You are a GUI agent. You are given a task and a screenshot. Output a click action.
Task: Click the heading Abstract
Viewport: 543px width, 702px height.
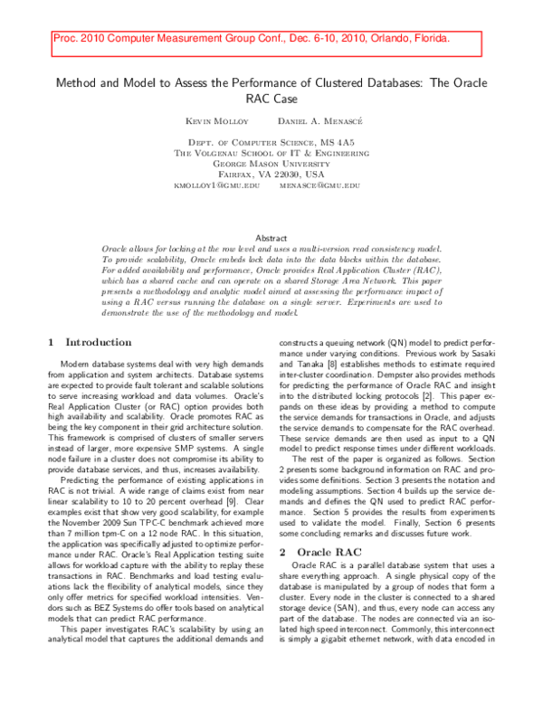(x=271, y=237)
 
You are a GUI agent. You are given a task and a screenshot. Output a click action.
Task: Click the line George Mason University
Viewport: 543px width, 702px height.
(x=271, y=164)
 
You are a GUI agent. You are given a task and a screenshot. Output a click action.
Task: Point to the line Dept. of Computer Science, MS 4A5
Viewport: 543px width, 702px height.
(x=271, y=143)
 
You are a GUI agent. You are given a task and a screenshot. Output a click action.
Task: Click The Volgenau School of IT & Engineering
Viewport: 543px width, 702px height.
(x=271, y=154)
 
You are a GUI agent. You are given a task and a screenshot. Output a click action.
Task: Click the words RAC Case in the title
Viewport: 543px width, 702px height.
(x=271, y=99)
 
